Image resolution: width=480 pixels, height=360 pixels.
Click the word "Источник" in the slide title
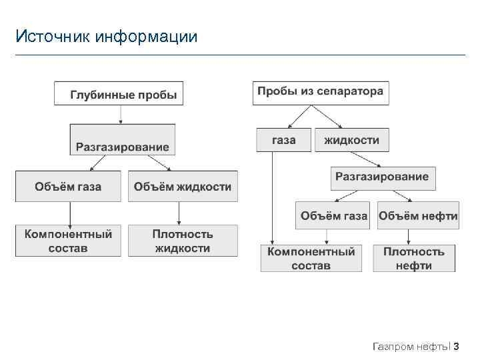53,36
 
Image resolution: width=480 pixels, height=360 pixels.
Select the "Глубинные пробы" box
119,93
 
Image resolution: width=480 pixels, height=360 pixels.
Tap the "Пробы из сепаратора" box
320,92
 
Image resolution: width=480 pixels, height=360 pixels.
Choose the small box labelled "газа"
283,140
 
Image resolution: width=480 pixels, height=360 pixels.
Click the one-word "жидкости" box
351,140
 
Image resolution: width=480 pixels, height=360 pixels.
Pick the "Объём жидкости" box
183,187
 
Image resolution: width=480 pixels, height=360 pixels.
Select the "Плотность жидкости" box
183,241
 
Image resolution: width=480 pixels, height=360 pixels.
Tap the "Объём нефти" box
418,215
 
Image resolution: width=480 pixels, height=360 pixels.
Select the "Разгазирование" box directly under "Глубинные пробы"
122,141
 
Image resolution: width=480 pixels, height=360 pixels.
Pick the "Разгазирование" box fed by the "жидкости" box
382,177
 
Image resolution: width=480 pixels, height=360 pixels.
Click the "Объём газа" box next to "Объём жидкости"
68,187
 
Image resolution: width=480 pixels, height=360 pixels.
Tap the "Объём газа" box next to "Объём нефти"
333,215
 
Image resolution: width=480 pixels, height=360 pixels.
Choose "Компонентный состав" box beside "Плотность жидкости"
68,241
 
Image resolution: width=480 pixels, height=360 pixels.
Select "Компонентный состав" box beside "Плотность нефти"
311,259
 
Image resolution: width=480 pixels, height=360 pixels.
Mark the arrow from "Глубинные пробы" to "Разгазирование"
120,114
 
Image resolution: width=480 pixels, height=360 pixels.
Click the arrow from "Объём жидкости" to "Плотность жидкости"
179,213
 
